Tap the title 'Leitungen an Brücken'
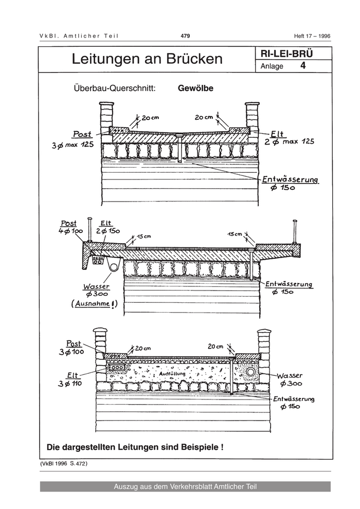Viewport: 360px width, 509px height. [x=147, y=60]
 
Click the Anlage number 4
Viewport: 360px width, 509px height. [x=303, y=66]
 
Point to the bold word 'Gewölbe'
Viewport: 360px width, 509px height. [x=195, y=88]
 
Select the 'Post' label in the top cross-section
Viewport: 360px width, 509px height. [x=82, y=134]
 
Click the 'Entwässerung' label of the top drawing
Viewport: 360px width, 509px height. [x=290, y=179]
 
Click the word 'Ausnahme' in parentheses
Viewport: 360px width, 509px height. [x=96, y=304]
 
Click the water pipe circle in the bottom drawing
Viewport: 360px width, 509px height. [x=251, y=372]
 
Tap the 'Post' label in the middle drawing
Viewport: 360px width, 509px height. [x=69, y=224]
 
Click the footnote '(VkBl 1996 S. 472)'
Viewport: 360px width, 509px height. [x=63, y=464]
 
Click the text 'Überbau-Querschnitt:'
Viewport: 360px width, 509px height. [x=115, y=88]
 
